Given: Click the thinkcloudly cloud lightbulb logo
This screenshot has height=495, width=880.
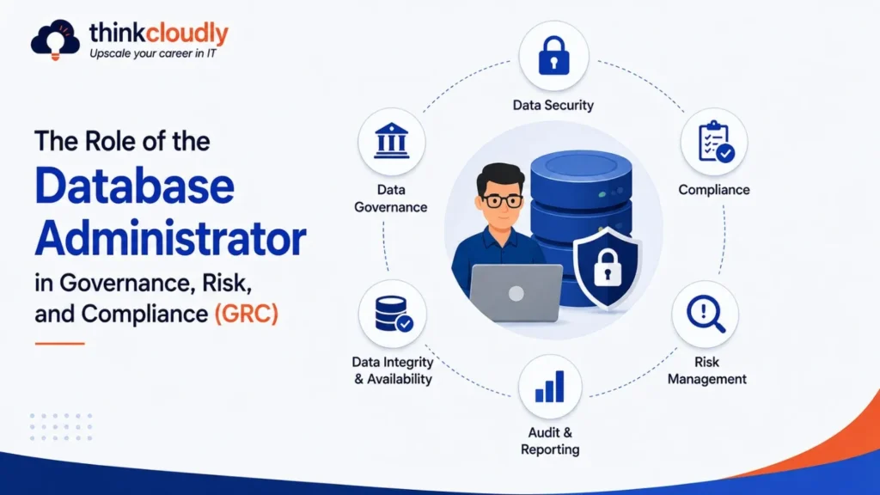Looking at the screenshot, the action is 55,40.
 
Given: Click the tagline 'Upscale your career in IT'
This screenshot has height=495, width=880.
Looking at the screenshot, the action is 153,54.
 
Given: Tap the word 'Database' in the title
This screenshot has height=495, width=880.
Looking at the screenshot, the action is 135,186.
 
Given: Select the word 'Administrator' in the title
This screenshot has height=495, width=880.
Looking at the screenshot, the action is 171,238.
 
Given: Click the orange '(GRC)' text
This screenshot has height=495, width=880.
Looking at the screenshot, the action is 247,313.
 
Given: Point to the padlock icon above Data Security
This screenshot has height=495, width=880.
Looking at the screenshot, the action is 553,56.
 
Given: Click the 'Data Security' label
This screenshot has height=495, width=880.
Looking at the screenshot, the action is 553,105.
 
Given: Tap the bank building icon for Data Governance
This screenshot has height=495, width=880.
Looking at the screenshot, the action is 391,140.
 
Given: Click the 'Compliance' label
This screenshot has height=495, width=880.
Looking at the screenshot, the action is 714,190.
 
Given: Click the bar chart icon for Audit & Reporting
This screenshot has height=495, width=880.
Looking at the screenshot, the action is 549,387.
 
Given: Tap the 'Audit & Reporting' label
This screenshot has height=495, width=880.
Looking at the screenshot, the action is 550,441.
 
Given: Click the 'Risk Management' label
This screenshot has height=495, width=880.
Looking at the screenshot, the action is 706,370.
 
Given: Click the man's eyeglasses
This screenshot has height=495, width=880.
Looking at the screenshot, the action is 502,200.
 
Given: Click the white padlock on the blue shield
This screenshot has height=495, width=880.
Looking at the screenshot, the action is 608,267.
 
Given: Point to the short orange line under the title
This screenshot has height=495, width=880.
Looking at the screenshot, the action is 59,343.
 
